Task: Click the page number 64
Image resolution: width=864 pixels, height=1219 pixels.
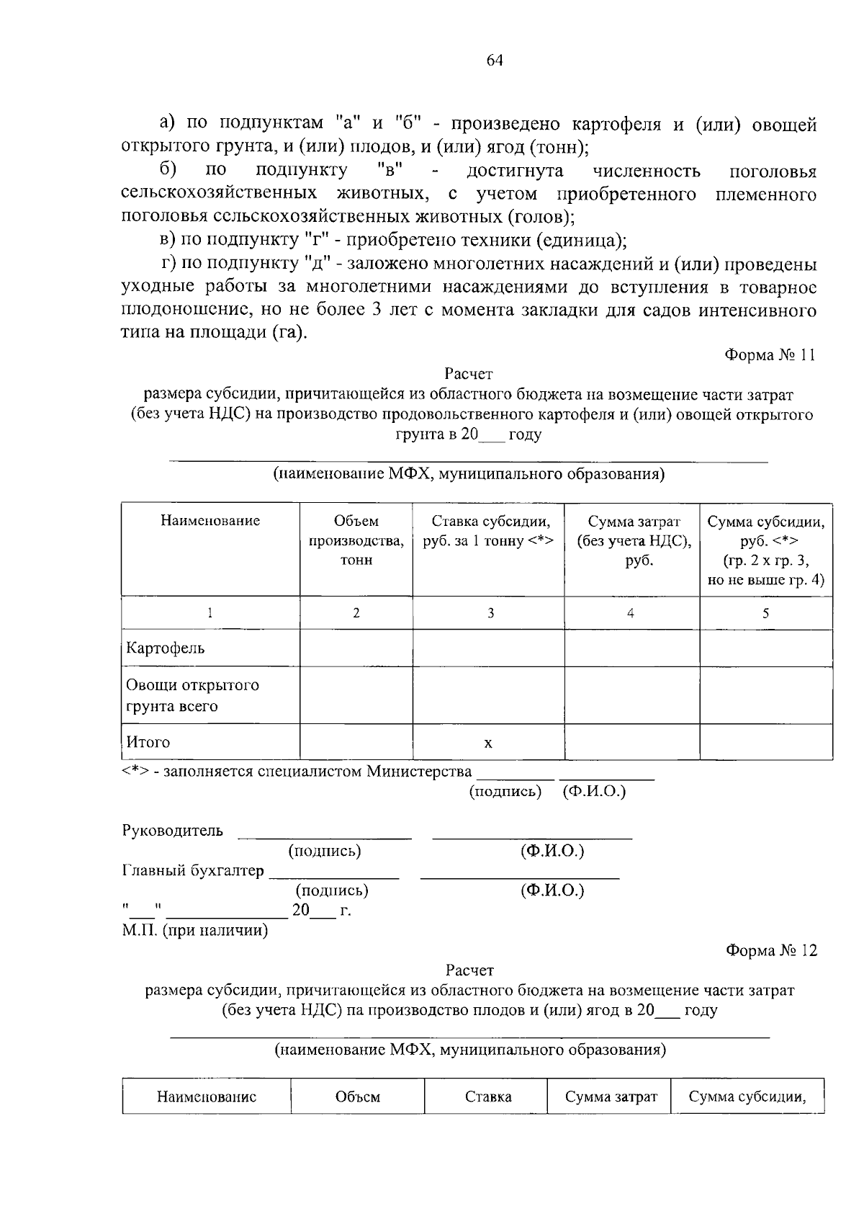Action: [494, 61]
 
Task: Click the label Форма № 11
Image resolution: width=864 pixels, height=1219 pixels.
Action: [770, 355]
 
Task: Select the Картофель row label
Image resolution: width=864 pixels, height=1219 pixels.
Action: [166, 648]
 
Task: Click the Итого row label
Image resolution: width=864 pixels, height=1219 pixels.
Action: [148, 741]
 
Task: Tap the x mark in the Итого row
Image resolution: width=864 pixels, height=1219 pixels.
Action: [488, 743]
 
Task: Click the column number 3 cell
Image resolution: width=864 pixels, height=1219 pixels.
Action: [490, 613]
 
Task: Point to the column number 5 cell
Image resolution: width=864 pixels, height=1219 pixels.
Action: [765, 613]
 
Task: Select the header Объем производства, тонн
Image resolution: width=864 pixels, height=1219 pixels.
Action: [356, 540]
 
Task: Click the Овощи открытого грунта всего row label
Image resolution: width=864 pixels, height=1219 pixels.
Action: [192, 695]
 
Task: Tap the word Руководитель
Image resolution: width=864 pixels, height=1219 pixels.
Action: [173, 831]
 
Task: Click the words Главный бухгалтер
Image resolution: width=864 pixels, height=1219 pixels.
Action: [194, 871]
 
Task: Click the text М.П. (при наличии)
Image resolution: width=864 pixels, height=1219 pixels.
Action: [194, 930]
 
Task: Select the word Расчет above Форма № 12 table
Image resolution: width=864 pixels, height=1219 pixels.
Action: [469, 970]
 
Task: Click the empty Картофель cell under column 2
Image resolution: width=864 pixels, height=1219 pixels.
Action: [356, 648]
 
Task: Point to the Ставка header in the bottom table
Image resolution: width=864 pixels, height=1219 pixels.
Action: [488, 1097]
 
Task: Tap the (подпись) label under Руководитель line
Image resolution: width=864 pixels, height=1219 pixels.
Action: [324, 851]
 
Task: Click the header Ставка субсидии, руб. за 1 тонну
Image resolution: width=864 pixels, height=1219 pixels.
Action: [488, 531]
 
